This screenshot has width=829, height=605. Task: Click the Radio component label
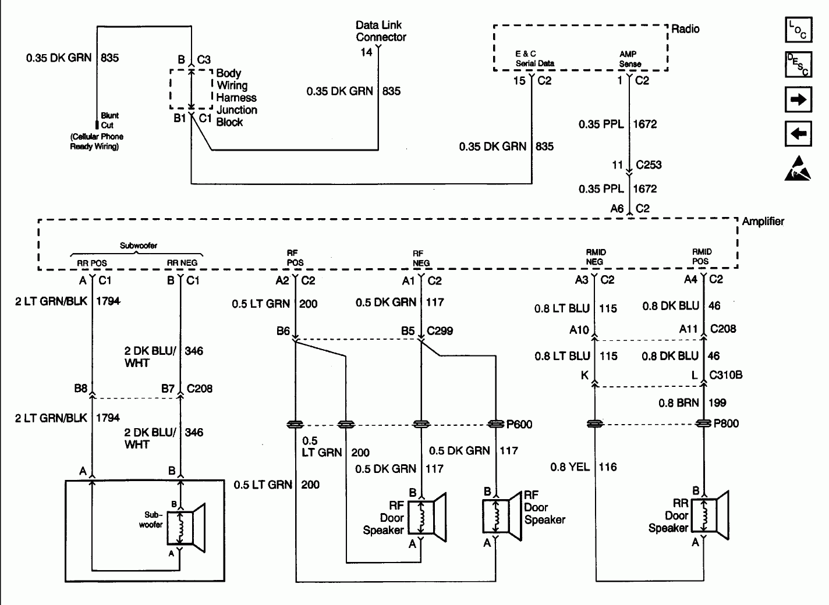coord(685,29)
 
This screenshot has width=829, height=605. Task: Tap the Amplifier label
coord(763,222)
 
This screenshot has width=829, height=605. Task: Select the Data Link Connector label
coord(381,31)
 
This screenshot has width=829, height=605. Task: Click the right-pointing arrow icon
coord(798,99)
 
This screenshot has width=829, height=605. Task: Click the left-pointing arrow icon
coord(798,134)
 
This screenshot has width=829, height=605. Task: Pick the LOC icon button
coord(798,30)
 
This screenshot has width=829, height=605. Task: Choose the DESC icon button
coord(798,65)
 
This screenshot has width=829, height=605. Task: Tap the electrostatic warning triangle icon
coord(798,168)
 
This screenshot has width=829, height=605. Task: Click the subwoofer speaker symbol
coord(186,524)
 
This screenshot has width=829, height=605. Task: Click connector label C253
coord(649,165)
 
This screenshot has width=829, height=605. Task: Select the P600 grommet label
coord(519,424)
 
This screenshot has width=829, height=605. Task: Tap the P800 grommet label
coord(726,424)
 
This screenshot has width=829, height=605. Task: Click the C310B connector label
coord(725,375)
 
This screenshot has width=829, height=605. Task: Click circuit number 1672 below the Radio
coord(644,124)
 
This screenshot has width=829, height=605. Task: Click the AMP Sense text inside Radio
coord(630,59)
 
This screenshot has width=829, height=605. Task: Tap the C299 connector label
coord(440,330)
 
